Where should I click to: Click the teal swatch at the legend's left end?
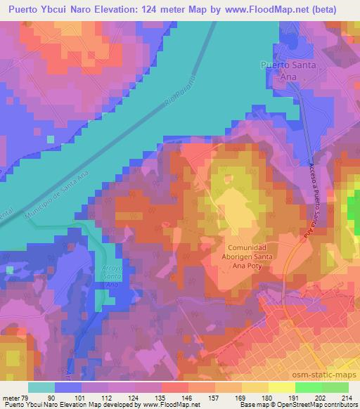42,387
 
